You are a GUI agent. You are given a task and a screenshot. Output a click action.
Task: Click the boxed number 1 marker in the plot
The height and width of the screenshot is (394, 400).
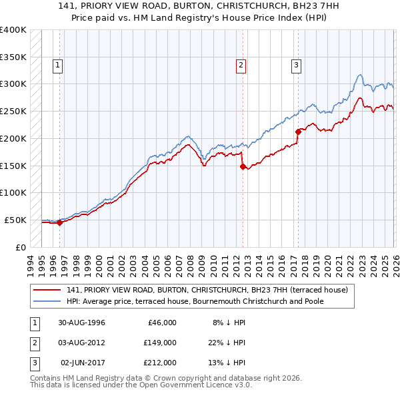click(59, 65)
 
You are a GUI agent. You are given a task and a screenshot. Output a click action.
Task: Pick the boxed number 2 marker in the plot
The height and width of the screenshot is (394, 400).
click(241, 65)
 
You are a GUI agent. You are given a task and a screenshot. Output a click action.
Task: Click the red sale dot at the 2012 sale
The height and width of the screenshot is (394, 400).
click(243, 166)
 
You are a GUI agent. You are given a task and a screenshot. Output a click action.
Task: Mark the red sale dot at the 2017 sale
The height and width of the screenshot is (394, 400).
click(298, 132)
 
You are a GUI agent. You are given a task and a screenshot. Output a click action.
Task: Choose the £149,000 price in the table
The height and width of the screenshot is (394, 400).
click(161, 343)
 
